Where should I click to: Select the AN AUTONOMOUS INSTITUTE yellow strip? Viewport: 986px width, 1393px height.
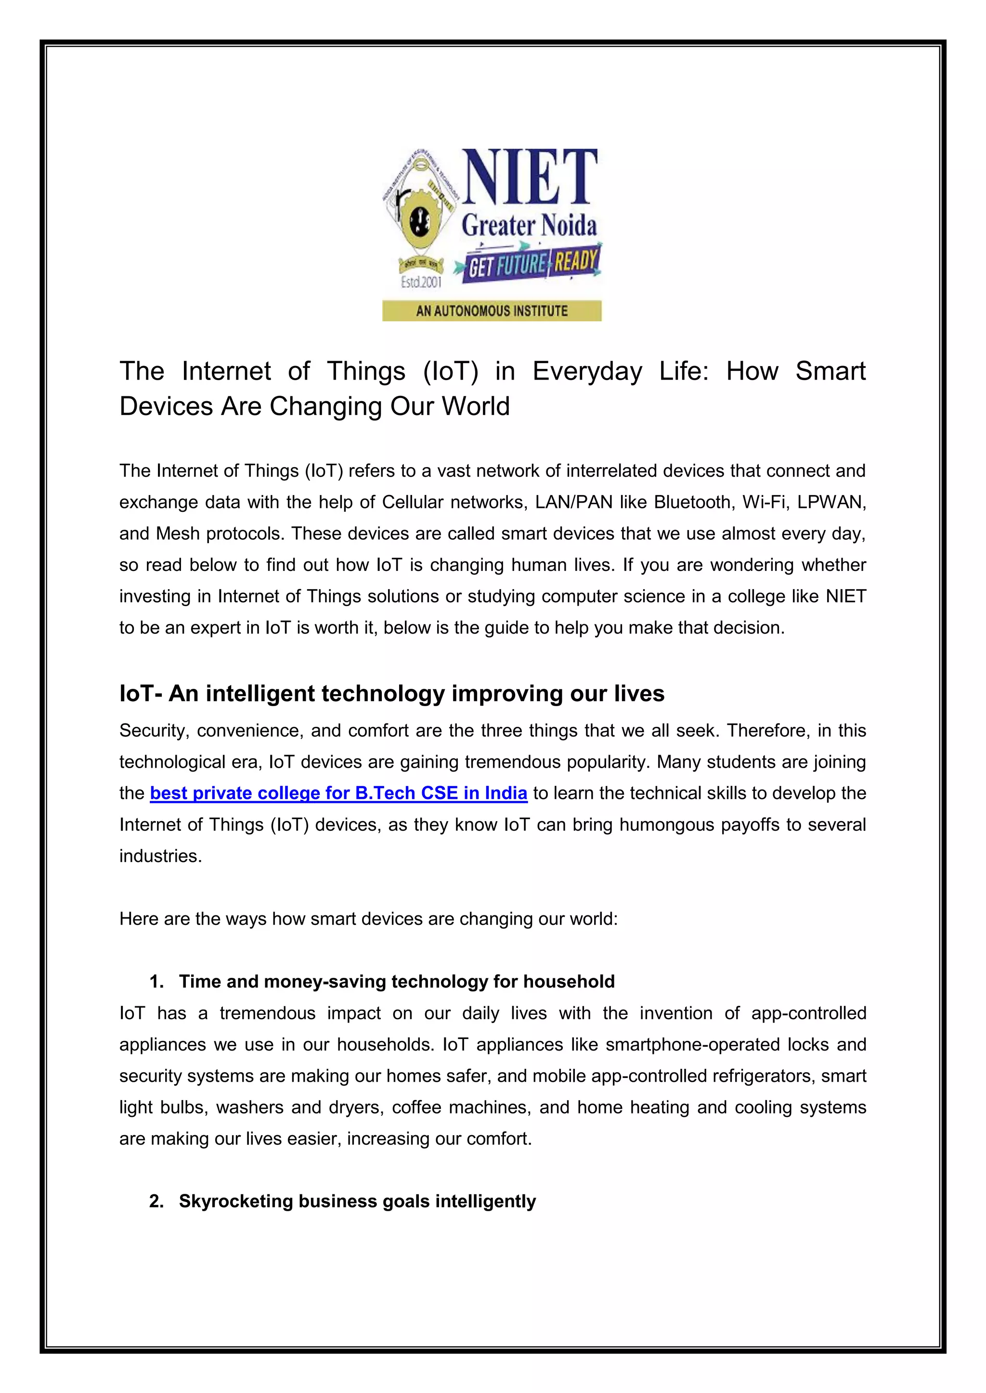click(492, 311)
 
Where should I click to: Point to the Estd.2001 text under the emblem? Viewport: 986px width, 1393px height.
click(421, 282)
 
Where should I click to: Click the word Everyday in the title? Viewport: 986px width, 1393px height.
click(586, 371)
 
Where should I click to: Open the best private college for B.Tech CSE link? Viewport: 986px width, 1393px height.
click(338, 793)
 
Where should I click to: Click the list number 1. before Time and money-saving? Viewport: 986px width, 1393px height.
click(156, 982)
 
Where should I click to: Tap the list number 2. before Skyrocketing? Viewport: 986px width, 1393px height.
click(156, 1201)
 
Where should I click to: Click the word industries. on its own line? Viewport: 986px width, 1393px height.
click(160, 856)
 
